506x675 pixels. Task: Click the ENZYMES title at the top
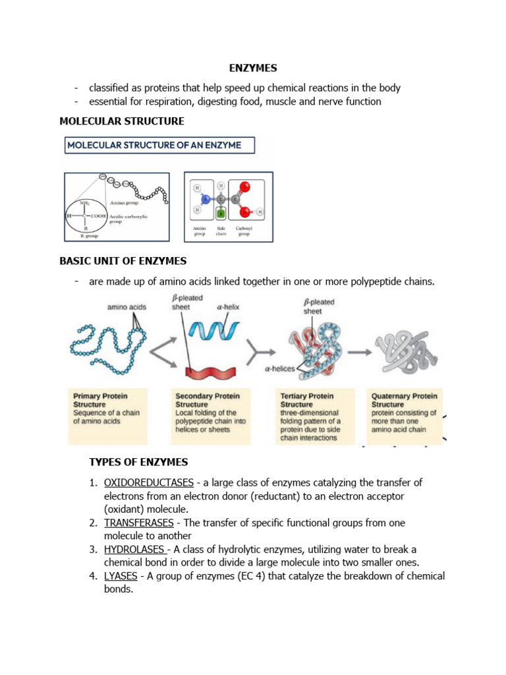tap(252, 68)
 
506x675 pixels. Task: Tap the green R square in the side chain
tap(221, 213)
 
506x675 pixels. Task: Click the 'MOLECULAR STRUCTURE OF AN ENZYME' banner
tap(158, 145)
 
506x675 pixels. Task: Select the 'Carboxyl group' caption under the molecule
tap(244, 229)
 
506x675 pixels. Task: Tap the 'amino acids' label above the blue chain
tap(126, 307)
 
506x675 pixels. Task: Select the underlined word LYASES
tap(121, 576)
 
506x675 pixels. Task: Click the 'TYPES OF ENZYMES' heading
tap(138, 461)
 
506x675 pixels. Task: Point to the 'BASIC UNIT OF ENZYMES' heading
tap(123, 260)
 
